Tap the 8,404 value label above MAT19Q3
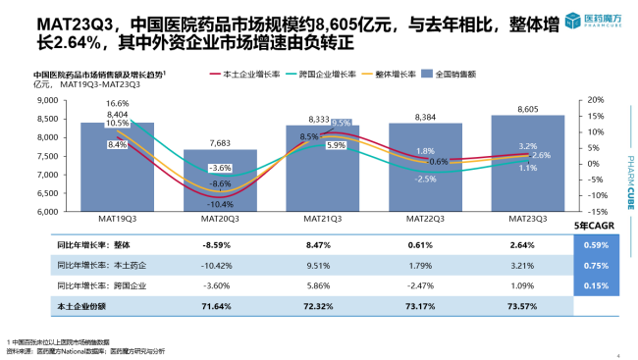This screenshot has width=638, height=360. (x=119, y=114)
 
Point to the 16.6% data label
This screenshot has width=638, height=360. (x=118, y=103)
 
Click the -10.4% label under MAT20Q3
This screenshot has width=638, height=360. (x=221, y=203)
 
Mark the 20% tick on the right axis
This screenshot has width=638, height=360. (x=586, y=100)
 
